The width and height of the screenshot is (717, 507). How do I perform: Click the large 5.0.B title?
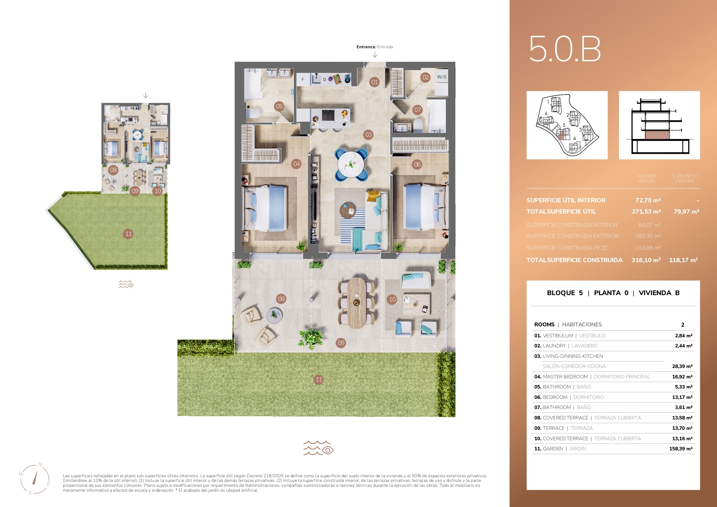point(565,49)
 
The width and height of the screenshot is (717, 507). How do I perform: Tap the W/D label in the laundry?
point(442,77)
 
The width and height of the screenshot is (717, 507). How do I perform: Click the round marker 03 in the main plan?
point(368,135)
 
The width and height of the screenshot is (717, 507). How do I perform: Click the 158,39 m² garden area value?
point(681,449)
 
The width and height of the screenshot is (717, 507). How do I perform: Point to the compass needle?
point(34,477)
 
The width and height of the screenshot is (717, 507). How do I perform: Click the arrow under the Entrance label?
point(375,55)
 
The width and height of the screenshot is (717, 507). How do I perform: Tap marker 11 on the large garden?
point(318,380)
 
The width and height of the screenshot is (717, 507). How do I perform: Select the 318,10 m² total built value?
point(646,260)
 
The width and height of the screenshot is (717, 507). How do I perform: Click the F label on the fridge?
point(303,80)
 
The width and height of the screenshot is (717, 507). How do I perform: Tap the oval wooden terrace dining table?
point(356,303)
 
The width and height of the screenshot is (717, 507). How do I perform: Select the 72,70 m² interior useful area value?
point(648,200)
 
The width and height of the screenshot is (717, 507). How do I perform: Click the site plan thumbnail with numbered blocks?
point(567,125)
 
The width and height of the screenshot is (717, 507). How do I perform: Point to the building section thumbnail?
point(659,125)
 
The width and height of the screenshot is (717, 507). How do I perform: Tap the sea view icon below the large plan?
point(318,448)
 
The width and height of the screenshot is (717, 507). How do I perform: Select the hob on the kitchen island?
point(328,115)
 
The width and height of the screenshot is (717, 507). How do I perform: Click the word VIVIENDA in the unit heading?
point(655,293)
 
